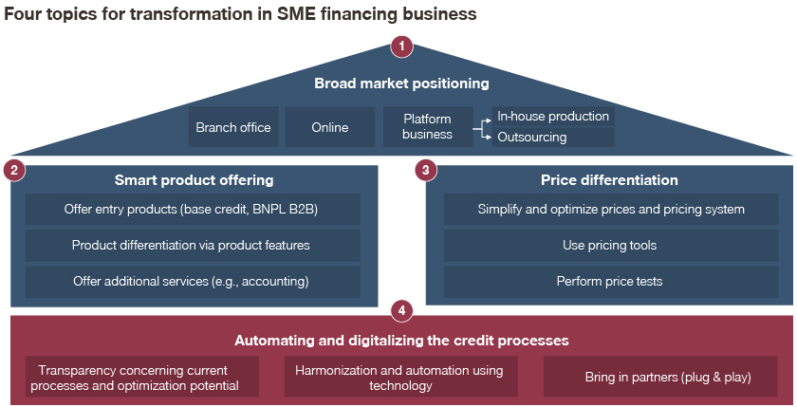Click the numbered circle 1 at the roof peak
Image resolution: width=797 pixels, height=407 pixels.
(x=401, y=46)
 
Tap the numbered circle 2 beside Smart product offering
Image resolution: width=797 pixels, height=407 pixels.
(x=14, y=170)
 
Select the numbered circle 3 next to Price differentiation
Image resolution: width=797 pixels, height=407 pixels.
(x=426, y=170)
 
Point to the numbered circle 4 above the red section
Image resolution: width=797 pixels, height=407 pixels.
(x=401, y=310)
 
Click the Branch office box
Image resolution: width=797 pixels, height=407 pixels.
(x=233, y=126)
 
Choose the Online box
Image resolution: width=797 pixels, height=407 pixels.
(x=330, y=126)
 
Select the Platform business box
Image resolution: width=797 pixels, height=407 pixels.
(x=428, y=126)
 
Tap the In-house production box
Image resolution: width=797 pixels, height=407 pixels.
(x=553, y=116)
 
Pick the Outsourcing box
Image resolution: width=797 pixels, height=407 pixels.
(x=553, y=138)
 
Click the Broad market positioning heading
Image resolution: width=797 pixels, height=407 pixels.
(x=401, y=83)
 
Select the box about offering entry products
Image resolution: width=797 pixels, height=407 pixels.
(x=193, y=209)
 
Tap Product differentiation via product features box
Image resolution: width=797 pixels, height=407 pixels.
(x=193, y=246)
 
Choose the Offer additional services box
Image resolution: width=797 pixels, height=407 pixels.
(x=193, y=282)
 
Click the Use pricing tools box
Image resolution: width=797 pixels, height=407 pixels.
(x=610, y=246)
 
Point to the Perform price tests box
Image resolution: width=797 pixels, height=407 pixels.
(x=610, y=282)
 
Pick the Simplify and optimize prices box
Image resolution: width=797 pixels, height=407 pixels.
(x=610, y=209)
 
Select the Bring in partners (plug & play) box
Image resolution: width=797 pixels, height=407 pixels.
(x=660, y=377)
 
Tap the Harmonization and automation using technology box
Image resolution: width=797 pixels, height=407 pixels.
(x=401, y=377)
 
